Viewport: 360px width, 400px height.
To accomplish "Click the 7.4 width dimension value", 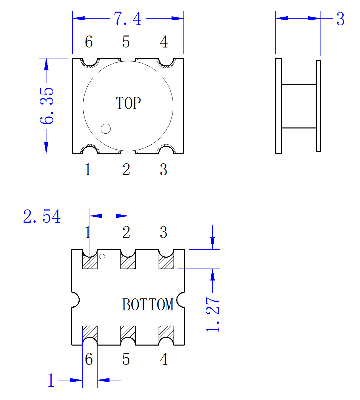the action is (x=127, y=19).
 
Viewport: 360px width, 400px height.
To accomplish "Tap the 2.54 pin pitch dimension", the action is (x=42, y=216).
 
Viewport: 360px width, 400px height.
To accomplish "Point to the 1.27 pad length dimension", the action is (x=212, y=315).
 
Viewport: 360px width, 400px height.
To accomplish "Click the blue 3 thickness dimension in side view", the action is (x=340, y=19).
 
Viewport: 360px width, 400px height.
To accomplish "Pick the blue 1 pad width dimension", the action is (x=51, y=380).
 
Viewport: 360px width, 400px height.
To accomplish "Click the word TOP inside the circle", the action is (x=128, y=103).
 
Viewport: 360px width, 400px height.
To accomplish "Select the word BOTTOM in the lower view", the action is (x=148, y=304).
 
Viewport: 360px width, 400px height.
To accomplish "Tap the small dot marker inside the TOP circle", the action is (x=106, y=128).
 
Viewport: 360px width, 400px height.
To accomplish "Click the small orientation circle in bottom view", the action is (x=102, y=257).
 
